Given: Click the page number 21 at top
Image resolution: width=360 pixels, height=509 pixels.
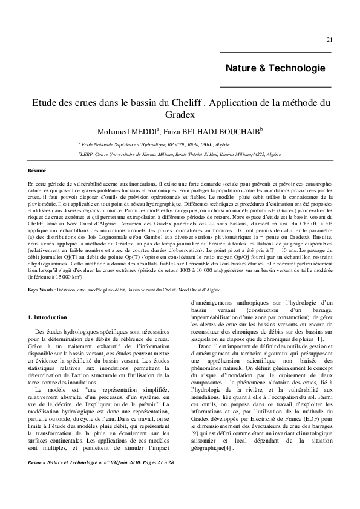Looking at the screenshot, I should tap(329, 40).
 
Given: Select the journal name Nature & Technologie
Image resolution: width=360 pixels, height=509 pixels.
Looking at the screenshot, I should tap(275, 68).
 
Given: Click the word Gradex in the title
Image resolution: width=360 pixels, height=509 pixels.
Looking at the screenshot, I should tap(179, 114).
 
